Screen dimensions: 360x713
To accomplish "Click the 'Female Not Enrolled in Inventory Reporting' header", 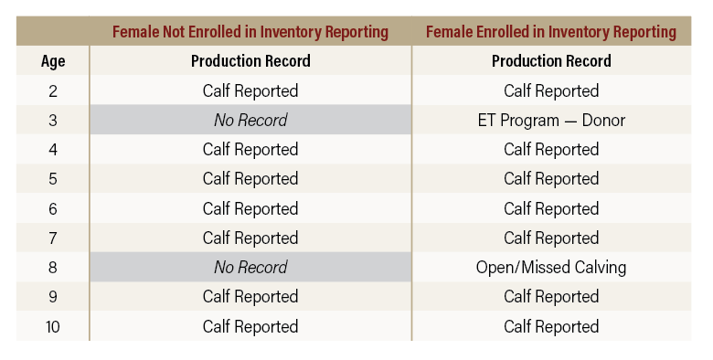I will tap(250, 32).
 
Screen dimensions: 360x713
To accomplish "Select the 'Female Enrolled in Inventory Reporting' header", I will tap(551, 32).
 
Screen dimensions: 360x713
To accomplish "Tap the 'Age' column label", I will tap(53, 61).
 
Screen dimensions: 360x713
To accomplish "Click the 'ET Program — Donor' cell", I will tap(551, 120).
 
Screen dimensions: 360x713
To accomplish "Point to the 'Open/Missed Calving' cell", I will tap(551, 268).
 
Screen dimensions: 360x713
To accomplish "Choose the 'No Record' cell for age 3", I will tap(250, 120).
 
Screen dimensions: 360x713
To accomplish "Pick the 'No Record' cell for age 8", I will tap(250, 268).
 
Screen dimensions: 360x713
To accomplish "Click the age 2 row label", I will tap(53, 90).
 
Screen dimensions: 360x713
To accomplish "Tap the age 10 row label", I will tap(53, 326).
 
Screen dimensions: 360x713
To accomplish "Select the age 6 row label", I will tap(53, 208).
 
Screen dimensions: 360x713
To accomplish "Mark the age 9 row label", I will tap(53, 297).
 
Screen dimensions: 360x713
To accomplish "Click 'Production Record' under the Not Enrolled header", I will tap(250, 61).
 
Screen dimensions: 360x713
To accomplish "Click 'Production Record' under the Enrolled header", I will tap(551, 61).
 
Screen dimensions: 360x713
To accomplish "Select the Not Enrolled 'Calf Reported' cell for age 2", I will tap(250, 90).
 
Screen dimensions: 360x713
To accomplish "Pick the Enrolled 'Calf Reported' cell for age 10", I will tap(551, 326).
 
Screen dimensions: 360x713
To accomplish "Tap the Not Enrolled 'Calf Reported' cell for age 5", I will tap(250, 179).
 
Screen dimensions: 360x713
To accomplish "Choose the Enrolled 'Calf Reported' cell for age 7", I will tap(551, 238).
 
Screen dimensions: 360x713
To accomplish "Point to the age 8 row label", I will tap(53, 268).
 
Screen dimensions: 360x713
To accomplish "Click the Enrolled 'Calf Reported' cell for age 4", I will tap(551, 149).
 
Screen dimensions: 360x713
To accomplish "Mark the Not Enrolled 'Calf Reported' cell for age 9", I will tap(250, 297).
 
